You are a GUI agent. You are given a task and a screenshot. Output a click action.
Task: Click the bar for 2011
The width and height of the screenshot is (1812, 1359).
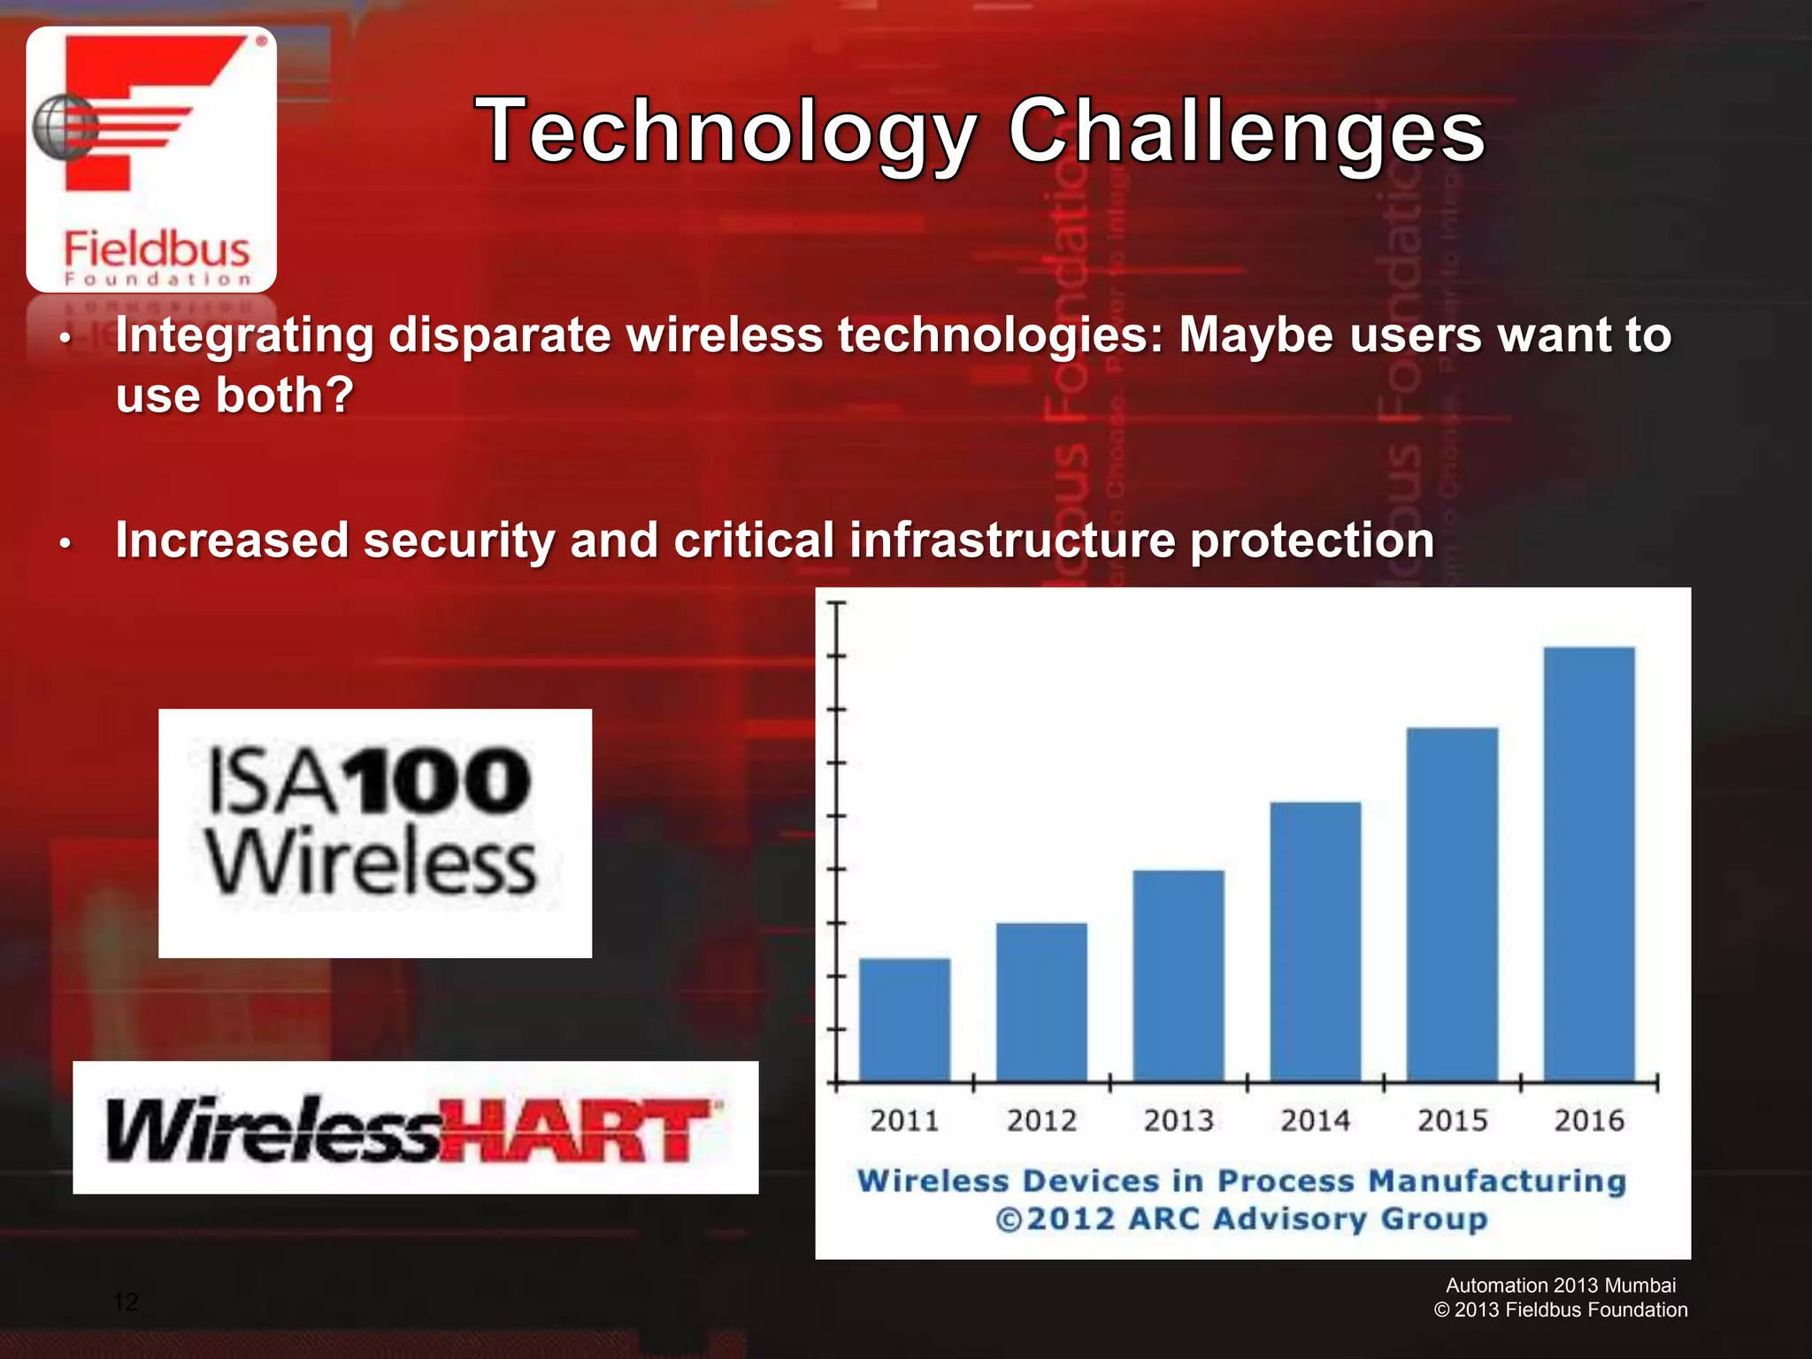tap(904, 1019)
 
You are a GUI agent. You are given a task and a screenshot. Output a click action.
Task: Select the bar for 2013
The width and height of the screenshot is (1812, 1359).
tap(1179, 975)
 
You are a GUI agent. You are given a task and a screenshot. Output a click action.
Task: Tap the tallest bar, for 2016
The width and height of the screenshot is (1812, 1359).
tap(1589, 864)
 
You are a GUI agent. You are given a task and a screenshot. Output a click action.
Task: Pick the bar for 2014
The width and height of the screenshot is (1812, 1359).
tap(1316, 941)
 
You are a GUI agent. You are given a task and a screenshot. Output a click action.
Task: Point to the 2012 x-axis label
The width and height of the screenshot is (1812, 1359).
tap(1041, 1121)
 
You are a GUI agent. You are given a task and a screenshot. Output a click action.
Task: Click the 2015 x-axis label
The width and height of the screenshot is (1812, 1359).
tap(1452, 1121)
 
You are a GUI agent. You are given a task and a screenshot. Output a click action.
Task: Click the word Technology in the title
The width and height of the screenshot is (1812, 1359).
tap(726, 133)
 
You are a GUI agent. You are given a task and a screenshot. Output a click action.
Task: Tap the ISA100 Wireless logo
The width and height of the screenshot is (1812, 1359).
tap(374, 833)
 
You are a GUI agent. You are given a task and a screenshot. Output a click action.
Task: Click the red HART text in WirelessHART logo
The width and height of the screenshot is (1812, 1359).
tap(580, 1132)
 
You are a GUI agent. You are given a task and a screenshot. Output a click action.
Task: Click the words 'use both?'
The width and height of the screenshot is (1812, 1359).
tap(234, 395)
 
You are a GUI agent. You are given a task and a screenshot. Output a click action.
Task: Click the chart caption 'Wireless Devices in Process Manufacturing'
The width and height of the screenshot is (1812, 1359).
tap(1241, 1181)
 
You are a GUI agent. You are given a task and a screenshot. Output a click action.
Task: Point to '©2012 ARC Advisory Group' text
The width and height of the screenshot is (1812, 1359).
tap(1241, 1219)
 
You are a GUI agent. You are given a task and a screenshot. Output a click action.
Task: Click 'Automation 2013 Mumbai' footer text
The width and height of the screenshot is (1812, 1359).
tap(1561, 1286)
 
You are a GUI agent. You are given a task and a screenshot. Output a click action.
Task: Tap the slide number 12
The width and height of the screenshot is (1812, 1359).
tap(126, 1301)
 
